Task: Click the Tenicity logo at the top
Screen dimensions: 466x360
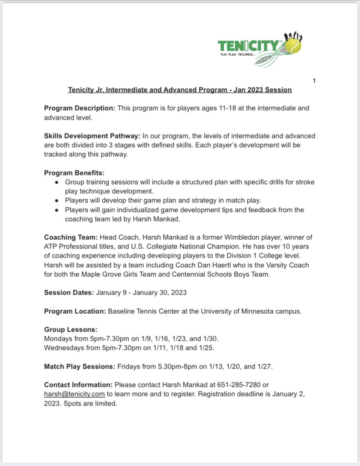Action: point(259,50)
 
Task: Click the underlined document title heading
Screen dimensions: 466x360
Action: point(180,90)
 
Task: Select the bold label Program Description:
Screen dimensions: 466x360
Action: point(80,108)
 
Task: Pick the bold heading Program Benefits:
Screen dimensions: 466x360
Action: point(74,173)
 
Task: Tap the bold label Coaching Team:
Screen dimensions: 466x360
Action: point(71,237)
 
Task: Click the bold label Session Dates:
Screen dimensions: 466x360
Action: point(69,292)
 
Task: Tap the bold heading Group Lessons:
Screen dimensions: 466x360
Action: point(71,329)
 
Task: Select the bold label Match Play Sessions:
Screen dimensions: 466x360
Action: point(80,366)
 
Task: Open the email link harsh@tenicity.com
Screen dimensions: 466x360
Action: point(74,394)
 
